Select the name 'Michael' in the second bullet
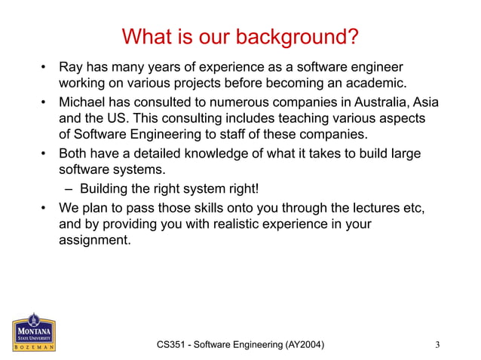point(83,102)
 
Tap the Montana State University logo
point(32,332)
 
